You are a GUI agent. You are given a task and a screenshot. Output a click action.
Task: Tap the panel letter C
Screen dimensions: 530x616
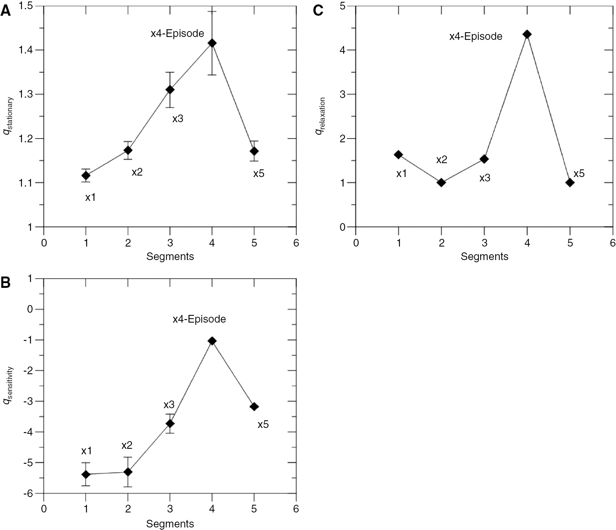pos(318,11)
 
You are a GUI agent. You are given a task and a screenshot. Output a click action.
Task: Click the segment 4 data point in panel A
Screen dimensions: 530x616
pos(212,43)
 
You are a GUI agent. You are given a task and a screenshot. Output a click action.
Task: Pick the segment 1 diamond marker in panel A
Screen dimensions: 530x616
pos(86,175)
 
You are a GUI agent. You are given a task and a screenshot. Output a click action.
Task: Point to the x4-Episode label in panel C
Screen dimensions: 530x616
pos(476,37)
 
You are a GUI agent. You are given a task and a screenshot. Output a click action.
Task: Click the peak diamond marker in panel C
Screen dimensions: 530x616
pos(527,34)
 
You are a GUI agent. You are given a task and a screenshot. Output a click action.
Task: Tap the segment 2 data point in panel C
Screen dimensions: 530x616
pos(441,183)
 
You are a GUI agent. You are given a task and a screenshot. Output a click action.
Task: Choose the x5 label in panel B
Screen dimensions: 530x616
pos(263,425)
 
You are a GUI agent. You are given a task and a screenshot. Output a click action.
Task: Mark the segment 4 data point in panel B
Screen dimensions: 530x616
pos(212,341)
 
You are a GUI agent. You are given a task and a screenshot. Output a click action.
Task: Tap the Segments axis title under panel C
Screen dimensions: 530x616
pos(484,257)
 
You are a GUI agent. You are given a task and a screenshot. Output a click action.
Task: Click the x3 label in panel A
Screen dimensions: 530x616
pos(178,119)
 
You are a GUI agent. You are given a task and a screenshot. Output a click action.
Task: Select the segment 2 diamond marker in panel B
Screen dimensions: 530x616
pos(128,472)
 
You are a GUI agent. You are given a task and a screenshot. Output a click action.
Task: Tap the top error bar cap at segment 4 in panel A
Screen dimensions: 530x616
pos(212,11)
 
